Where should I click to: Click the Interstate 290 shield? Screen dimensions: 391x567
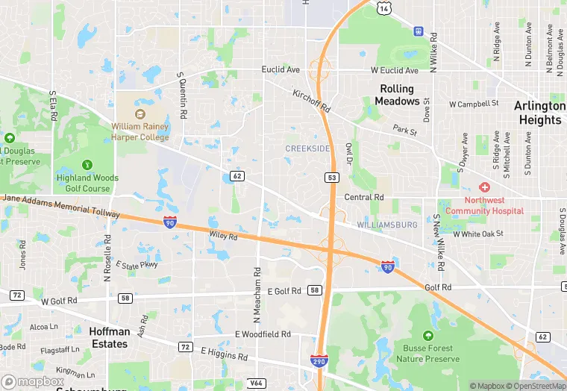319,360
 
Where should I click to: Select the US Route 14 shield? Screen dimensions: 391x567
383,7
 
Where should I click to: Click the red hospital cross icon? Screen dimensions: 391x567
484,187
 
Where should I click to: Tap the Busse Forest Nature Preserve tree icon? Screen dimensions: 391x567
427,336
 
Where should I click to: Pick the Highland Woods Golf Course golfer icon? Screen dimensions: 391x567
87,164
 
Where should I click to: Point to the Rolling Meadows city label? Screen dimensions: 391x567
396,95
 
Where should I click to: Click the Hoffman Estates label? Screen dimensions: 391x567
109,337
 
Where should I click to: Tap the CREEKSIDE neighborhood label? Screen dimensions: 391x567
307,149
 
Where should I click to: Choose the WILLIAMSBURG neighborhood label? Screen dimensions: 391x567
386,224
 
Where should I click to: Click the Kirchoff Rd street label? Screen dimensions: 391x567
312,102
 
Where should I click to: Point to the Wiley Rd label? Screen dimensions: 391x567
222,237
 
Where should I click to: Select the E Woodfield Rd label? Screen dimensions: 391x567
263,335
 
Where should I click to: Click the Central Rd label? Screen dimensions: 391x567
364,198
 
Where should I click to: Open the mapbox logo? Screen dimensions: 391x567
32,381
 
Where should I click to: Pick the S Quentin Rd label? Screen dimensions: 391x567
181,96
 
